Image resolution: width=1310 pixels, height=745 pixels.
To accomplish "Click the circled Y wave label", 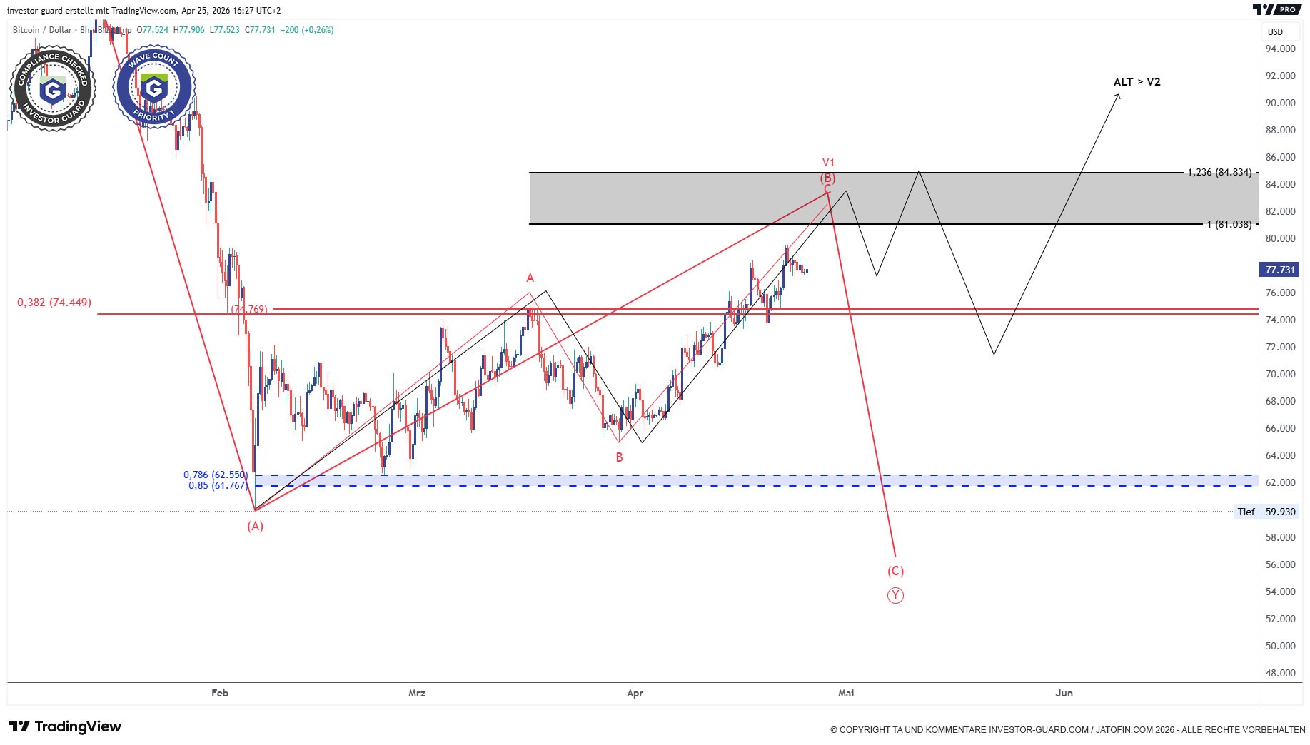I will (x=895, y=595).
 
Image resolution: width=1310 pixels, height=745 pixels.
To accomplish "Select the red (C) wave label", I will (x=895, y=571).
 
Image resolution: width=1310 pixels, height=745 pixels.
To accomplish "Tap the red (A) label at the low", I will (x=255, y=526).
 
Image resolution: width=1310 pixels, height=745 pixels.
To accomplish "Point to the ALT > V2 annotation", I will (x=1137, y=82).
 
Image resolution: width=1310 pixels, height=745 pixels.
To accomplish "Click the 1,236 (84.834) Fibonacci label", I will (x=1219, y=172).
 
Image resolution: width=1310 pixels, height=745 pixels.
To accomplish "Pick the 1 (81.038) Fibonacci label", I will (x=1229, y=224).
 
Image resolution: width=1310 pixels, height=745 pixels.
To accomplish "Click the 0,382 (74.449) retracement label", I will (x=54, y=303).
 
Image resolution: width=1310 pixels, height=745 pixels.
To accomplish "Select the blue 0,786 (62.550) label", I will (x=216, y=475).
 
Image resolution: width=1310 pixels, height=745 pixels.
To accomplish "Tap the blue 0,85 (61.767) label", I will (x=218, y=485).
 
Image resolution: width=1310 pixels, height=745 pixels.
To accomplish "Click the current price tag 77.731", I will (x=1279, y=270).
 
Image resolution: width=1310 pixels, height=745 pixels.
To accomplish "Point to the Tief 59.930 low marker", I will (x=1266, y=512).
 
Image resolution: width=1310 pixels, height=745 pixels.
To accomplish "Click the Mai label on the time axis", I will (x=846, y=693).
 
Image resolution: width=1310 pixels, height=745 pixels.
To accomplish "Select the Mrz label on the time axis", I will (x=417, y=693).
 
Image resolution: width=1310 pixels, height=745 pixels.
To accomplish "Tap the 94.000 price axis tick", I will (x=1280, y=49).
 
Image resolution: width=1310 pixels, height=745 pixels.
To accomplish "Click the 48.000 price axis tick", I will (x=1280, y=673).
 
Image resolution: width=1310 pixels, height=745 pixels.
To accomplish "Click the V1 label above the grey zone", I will (x=828, y=163).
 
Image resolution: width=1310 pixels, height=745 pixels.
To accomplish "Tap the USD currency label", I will (x=1275, y=31).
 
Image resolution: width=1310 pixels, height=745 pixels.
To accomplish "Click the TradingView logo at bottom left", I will (x=66, y=726).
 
